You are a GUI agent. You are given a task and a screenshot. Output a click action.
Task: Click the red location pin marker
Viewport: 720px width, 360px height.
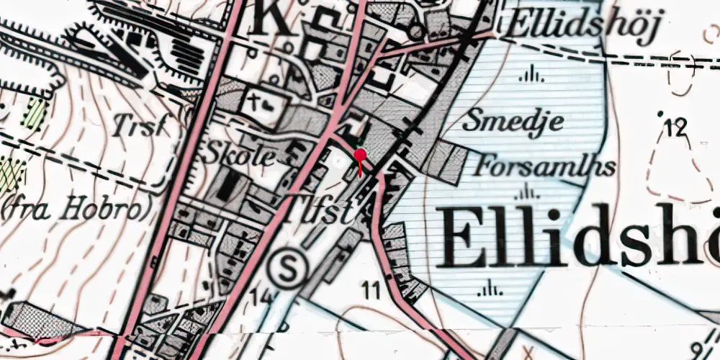click(360, 156)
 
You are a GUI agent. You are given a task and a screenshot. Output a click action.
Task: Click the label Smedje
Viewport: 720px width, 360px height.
click(513, 121)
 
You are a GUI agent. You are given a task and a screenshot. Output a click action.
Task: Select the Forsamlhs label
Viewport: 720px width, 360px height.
click(545, 167)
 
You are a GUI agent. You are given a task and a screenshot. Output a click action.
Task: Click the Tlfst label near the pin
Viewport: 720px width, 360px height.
click(323, 212)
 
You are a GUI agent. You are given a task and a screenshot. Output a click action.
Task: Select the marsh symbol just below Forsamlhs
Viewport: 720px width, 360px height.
click(529, 191)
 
